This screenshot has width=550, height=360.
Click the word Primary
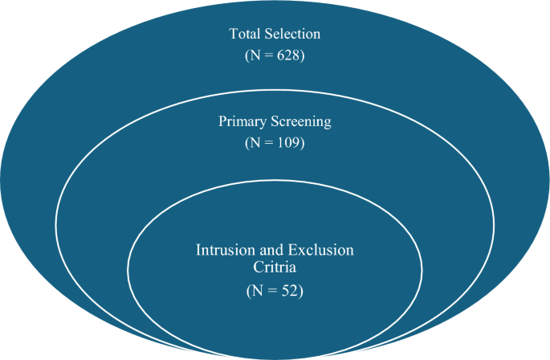[x=240, y=122]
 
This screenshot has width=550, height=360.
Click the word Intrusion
[x=225, y=249]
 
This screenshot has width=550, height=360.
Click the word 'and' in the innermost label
[x=275, y=249]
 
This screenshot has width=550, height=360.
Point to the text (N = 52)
[x=275, y=291]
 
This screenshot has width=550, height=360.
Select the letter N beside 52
[x=258, y=291]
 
